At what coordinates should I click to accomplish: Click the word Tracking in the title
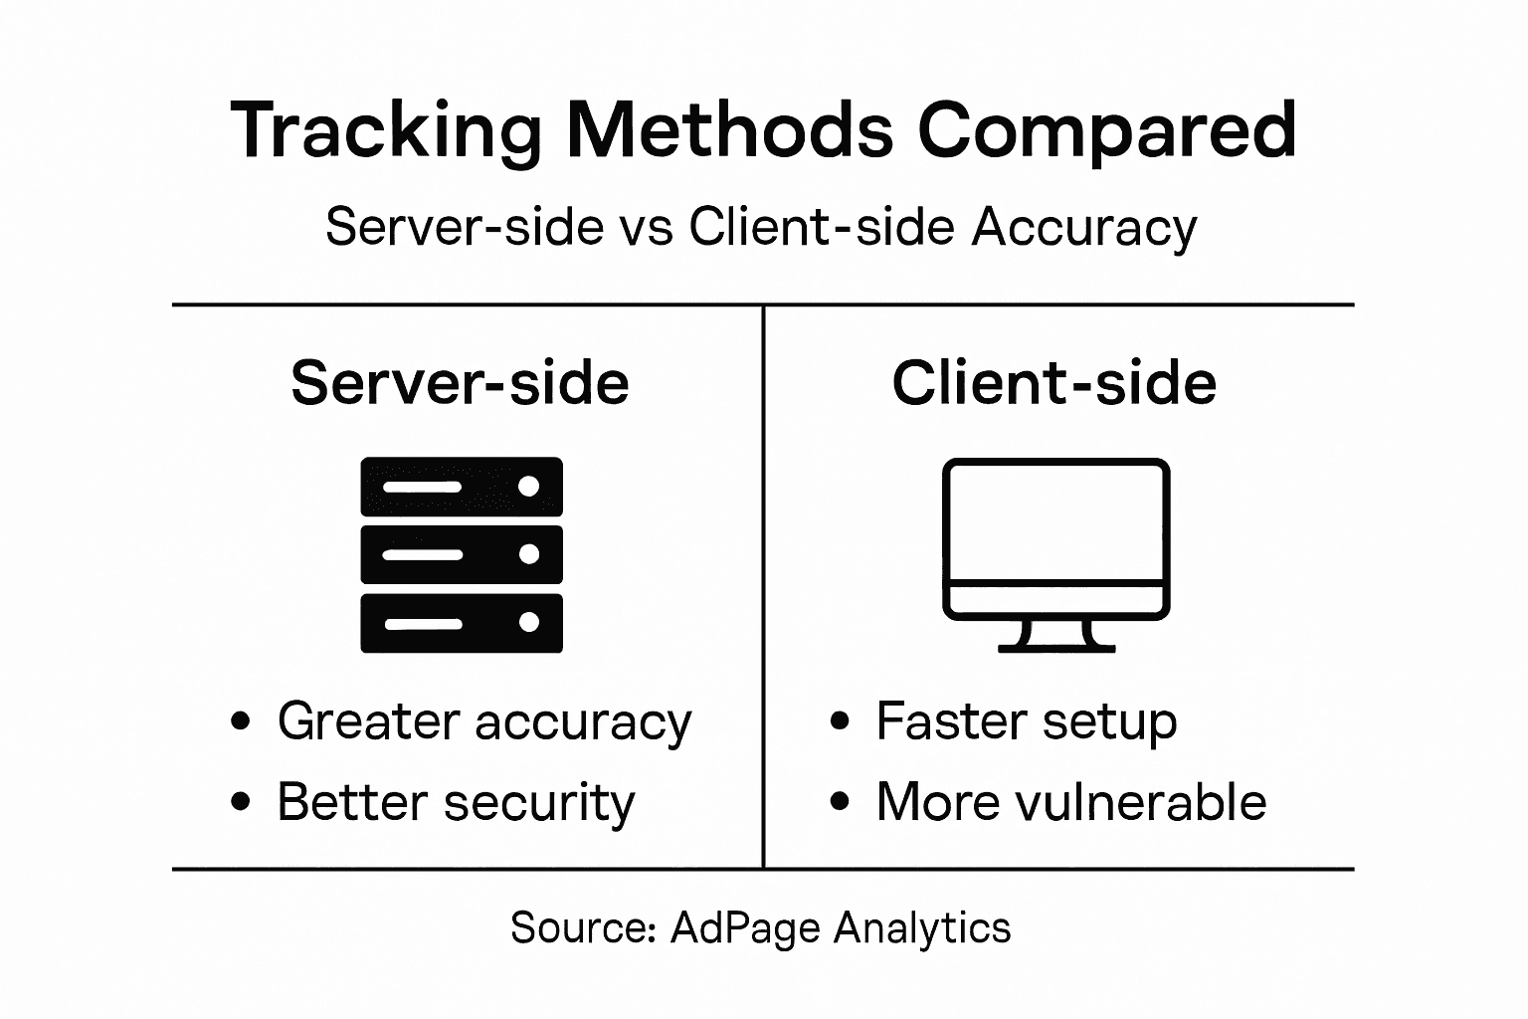386,131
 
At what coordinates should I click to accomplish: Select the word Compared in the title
1106,131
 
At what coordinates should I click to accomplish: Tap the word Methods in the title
730,129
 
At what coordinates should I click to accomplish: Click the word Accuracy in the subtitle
1084,229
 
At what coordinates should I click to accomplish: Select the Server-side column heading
460,382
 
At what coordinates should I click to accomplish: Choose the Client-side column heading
1053,382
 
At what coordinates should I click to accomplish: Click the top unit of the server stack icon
461,487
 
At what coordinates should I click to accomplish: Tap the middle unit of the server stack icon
461,554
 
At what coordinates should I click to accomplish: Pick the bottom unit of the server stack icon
461,623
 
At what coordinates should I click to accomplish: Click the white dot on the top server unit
529,486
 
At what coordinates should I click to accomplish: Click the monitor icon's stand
1056,637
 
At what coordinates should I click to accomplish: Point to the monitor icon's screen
1055,522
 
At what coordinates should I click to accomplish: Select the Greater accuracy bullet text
483,721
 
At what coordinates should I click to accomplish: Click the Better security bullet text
456,802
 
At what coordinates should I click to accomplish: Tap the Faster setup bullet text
1026,721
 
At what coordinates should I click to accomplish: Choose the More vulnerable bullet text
1070,802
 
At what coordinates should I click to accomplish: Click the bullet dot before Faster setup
840,720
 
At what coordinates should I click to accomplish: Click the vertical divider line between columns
763,587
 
